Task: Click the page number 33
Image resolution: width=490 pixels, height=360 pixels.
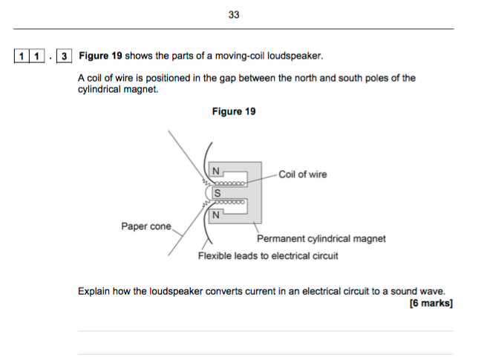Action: pos(234,15)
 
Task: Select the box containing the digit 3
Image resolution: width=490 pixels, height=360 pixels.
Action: pos(65,56)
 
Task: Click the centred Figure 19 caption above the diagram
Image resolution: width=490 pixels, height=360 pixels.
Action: pos(234,111)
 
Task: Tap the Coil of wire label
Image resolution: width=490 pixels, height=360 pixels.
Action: pos(302,174)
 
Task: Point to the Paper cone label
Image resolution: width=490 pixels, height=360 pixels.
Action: pos(146,226)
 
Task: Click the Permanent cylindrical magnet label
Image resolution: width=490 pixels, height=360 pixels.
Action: pos(321,239)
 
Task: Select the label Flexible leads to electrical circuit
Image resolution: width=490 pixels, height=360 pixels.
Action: pos(268,256)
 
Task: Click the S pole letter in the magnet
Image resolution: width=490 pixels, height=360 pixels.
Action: pos(217,193)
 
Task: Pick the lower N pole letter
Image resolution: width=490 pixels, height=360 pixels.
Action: pos(216,216)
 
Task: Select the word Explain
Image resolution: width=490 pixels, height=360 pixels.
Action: pos(94,291)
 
